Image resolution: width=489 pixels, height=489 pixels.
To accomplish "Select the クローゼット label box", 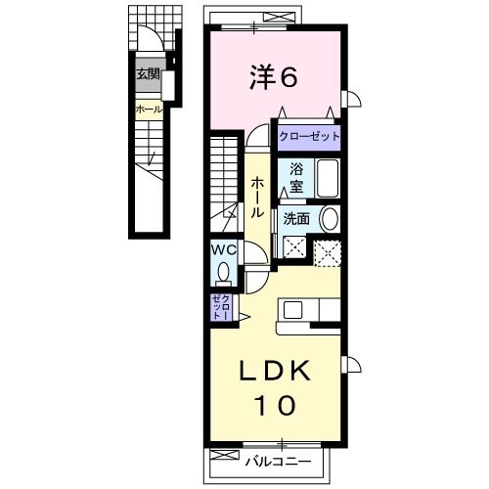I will point(308,138).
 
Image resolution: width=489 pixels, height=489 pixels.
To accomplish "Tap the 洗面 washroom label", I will point(296,219).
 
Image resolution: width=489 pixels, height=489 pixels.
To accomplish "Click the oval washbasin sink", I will point(330,218).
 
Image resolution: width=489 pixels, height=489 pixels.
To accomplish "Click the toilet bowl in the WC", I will point(224,271).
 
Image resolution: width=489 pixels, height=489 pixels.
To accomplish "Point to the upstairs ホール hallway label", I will point(257,197).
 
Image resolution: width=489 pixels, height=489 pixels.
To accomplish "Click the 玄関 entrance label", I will point(148,73).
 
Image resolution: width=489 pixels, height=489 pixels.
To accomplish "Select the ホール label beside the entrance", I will point(148,110).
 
